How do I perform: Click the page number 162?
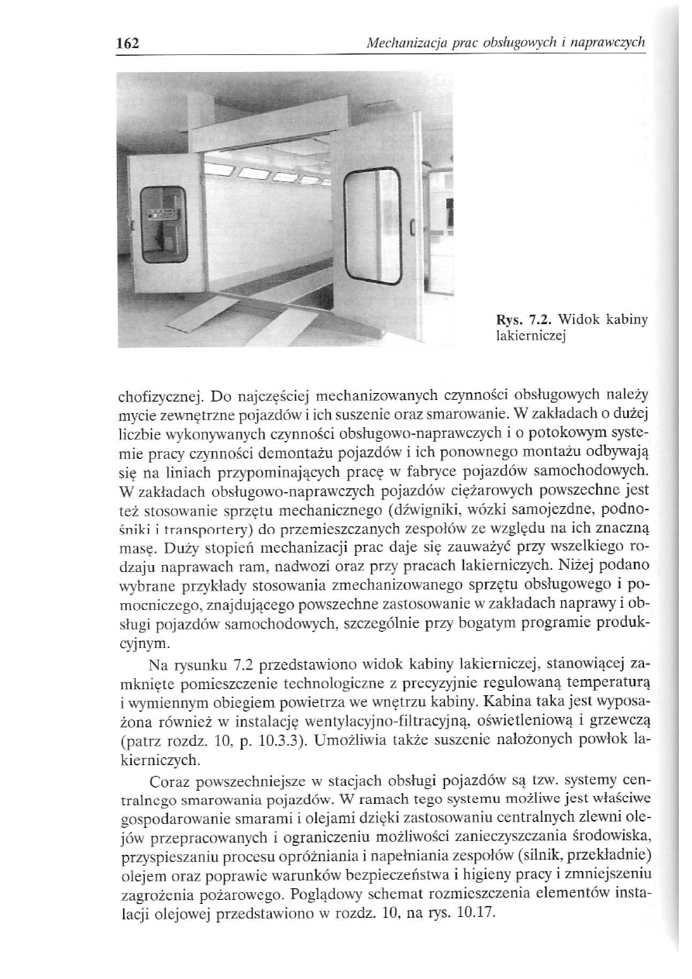122,43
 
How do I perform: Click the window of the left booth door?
163,224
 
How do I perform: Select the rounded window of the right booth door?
372,226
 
